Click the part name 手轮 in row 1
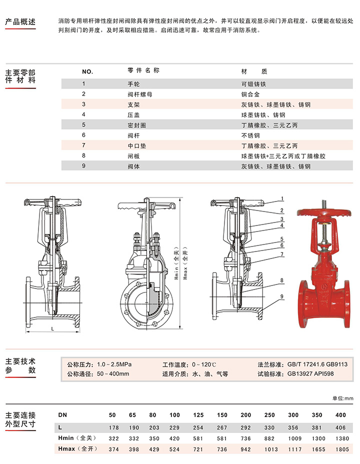133,84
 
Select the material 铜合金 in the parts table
250,94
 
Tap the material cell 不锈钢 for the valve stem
250,135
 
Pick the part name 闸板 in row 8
133,156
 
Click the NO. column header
87,71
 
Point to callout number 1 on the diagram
282,199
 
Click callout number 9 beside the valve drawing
282,296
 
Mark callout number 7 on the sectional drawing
282,254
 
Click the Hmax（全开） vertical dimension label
185,263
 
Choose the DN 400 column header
340,415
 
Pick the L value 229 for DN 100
174,427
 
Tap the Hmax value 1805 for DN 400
342,449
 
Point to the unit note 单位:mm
343,398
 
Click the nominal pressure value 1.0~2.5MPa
114,364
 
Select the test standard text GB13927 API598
310,373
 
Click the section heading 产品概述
20,21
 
